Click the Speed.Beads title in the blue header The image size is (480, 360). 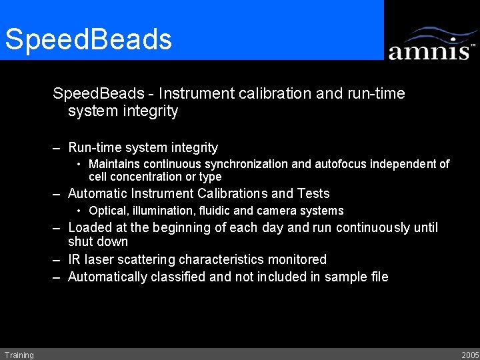pyautogui.click(x=88, y=39)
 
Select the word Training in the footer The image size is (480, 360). pyautogui.click(x=19, y=355)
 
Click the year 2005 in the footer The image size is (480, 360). pyautogui.click(x=469, y=355)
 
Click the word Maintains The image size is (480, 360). pyautogui.click(x=112, y=164)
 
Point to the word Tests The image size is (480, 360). pyautogui.click(x=313, y=194)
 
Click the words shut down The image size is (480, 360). pyautogui.click(x=97, y=242)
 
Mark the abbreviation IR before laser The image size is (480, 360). pyautogui.click(x=74, y=259)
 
